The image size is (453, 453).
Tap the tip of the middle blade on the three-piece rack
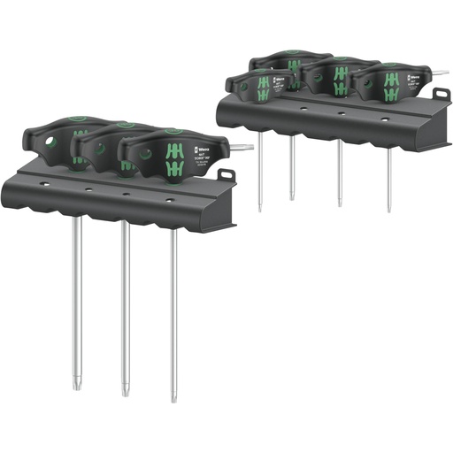click(124, 392)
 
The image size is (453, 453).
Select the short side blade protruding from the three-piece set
click(241, 149)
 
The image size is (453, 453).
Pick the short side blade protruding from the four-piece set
click(439, 73)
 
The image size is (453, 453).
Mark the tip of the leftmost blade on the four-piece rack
click(259, 209)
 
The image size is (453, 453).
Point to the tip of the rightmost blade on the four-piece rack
click(388, 210)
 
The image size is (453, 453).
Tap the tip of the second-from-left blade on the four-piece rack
click(291, 197)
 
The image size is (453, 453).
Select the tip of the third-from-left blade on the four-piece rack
click(340, 204)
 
